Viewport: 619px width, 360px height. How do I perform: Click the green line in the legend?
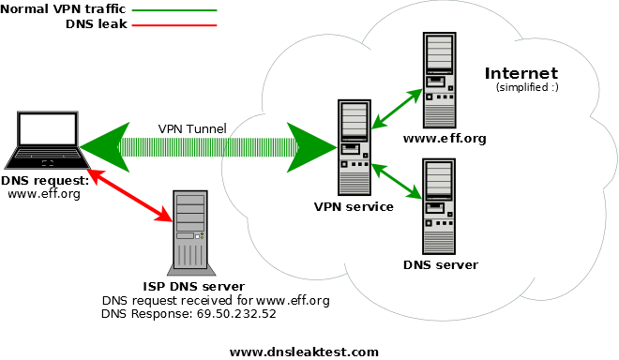tap(174, 11)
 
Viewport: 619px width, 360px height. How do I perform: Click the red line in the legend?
tap(174, 25)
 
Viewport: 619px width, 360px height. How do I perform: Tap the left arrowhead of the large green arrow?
tap(98, 147)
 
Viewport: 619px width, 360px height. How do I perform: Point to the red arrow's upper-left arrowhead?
tap(93, 174)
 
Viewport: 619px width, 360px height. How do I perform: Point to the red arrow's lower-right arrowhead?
tap(166, 217)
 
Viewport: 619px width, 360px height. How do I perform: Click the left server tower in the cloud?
tap(355, 148)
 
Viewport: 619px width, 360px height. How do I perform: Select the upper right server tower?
tap(439, 81)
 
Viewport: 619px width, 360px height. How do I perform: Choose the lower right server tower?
tap(439, 206)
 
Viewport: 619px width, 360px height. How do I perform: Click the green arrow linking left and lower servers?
tap(398, 181)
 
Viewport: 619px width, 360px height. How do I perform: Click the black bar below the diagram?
tap(304, 352)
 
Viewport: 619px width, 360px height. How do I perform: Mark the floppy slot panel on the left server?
tap(352, 148)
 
